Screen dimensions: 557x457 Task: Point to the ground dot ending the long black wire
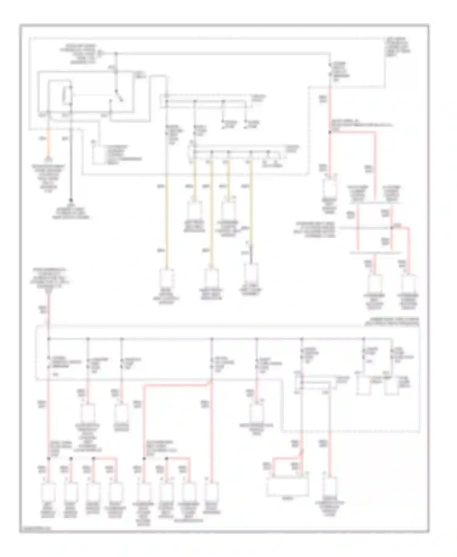tap(71, 200)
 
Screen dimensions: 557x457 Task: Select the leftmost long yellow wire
tap(166, 219)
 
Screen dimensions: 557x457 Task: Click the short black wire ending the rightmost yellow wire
tap(251, 255)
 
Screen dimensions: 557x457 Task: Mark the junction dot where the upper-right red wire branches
tap(330, 132)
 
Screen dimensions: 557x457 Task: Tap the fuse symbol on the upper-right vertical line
tap(330, 70)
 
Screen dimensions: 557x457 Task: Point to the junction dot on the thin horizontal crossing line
tap(391, 228)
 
